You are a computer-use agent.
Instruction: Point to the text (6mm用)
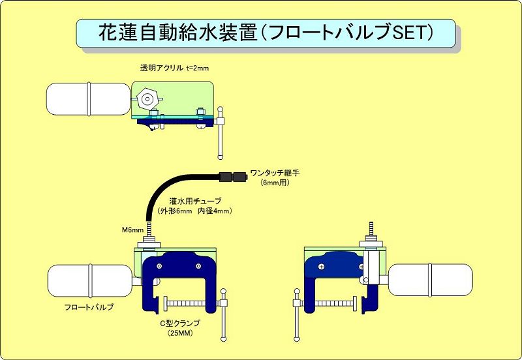coord(274,183)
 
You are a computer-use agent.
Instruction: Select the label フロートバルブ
coord(85,307)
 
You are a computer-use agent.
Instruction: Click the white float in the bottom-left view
coord(89,279)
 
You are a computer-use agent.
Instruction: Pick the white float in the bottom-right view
coord(431,279)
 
